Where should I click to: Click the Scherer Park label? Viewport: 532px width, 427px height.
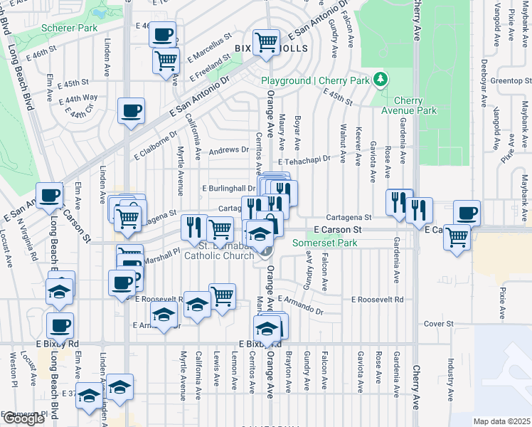coord(69,28)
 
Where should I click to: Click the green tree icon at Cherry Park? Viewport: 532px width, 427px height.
coord(381,78)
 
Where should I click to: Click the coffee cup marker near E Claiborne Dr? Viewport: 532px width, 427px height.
coord(132,111)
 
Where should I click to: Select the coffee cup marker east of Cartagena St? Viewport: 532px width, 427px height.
coord(467,213)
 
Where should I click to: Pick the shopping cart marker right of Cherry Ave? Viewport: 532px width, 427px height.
coord(457,237)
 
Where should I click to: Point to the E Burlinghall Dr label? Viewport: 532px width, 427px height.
coord(229,188)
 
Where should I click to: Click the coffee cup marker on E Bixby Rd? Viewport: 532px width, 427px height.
coord(60,326)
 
